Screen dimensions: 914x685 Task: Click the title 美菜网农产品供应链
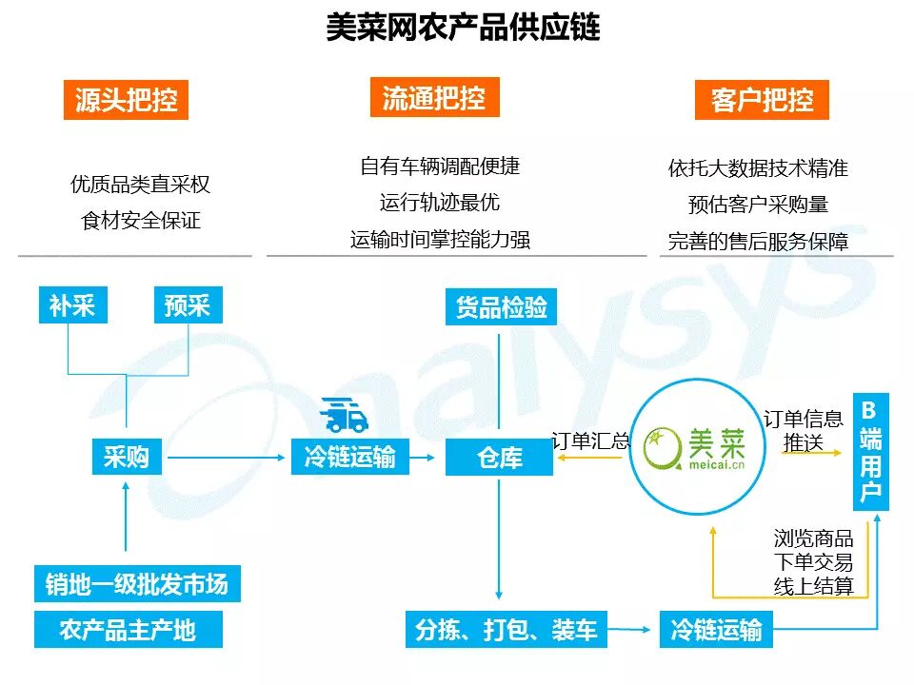463,27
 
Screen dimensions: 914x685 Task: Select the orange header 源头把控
126,100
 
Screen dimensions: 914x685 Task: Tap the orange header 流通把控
434,97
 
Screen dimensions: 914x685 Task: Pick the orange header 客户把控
762,100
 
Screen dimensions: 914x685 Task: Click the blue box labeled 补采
72,305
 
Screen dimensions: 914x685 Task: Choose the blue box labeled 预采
188,305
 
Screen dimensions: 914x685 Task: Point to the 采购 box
127,457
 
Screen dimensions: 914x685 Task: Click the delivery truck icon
345,415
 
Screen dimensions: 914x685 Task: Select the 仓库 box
499,459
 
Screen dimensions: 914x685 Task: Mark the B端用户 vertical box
870,451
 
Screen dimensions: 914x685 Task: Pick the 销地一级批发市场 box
137,583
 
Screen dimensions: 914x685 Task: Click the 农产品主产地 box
128,630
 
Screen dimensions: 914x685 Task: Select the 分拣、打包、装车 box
507,630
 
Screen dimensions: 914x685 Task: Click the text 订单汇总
590,440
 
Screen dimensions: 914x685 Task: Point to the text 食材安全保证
141,221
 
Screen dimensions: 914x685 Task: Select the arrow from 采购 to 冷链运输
227,459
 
